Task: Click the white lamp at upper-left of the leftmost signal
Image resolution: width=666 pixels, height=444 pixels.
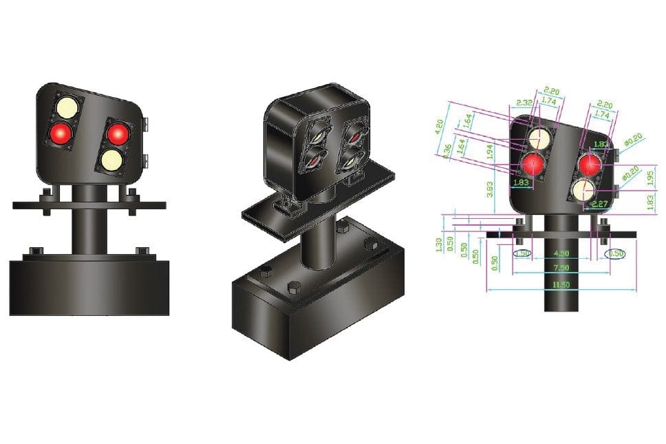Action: click(67, 108)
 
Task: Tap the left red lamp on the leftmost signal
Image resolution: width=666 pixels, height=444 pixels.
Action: click(60, 133)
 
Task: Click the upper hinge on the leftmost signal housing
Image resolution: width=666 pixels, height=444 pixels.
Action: click(147, 124)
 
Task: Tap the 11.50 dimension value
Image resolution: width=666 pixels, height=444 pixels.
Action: click(561, 284)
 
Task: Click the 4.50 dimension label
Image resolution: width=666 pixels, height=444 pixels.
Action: click(561, 253)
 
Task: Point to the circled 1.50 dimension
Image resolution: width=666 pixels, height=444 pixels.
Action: click(523, 253)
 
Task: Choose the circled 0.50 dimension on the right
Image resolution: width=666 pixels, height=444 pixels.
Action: click(615, 253)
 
